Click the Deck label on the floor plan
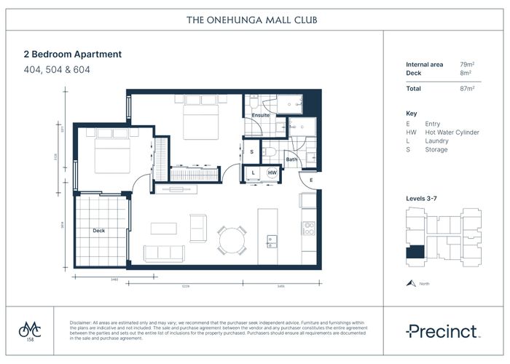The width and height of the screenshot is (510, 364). point(98,231)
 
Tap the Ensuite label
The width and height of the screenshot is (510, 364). point(260,116)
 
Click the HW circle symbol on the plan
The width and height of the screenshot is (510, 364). point(272,173)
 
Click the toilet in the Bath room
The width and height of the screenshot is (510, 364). point(270,151)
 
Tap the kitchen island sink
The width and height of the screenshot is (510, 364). point(271,240)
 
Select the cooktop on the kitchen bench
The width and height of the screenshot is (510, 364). point(308,228)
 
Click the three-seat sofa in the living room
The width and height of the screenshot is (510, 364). point(163,253)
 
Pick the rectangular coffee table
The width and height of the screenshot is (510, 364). point(163,228)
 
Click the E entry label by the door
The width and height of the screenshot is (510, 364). point(310,179)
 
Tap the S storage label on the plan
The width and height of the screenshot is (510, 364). point(251,151)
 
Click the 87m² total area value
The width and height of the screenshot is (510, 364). point(467,88)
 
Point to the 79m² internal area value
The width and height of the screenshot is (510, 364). point(467,65)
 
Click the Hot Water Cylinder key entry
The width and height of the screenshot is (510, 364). point(452,132)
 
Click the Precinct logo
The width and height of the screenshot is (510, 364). point(443,332)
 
